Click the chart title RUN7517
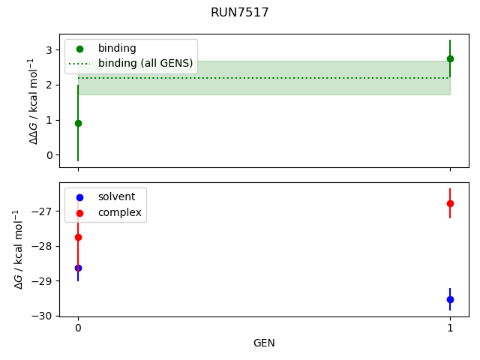click(x=240, y=13)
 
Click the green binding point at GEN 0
click(x=78, y=123)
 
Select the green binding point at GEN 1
click(x=450, y=58)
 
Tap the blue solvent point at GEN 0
click(x=78, y=268)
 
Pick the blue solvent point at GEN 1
click(x=450, y=299)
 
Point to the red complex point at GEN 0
click(x=78, y=237)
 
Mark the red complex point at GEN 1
click(x=450, y=203)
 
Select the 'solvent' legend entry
click(x=116, y=196)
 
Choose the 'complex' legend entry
click(x=119, y=213)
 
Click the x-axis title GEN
click(x=264, y=343)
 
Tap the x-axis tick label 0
click(x=78, y=328)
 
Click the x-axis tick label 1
click(x=450, y=328)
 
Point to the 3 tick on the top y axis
click(x=49, y=50)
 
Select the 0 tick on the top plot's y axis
click(x=49, y=155)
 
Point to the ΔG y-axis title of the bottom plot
click(x=19, y=250)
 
